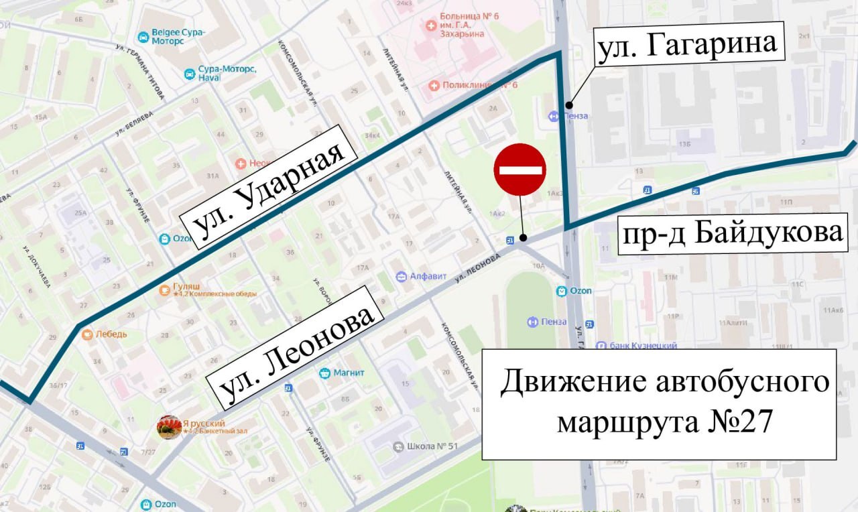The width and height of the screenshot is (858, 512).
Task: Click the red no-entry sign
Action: pos(519,170)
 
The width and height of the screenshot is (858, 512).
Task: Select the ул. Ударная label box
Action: pos(269,183)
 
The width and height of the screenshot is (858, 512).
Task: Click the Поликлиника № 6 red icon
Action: pos(434,85)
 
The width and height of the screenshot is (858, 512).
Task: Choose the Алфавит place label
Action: pos(427,276)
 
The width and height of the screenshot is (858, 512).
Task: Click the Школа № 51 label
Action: pos(432,446)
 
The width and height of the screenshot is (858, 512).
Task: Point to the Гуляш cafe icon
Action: pos(165,290)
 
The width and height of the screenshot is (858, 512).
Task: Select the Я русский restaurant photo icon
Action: pos(168,427)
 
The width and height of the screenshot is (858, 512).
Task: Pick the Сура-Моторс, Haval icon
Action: pos(190,73)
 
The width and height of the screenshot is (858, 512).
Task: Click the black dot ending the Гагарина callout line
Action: pos(568,104)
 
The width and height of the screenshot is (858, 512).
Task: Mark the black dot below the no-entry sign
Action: pos(523,237)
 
